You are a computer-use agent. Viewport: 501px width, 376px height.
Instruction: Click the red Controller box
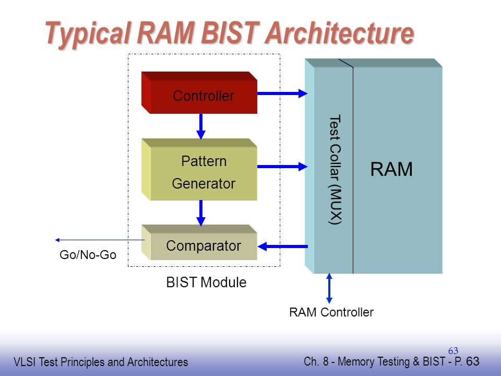[x=199, y=93]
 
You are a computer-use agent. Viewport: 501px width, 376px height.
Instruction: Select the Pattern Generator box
[x=199, y=169]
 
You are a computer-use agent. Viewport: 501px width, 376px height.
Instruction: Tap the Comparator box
[x=199, y=242]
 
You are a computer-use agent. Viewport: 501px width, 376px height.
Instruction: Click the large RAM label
[x=391, y=169]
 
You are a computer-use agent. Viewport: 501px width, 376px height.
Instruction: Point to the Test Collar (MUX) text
[x=335, y=169]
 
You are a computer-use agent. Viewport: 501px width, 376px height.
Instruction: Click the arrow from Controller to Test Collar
[x=282, y=93]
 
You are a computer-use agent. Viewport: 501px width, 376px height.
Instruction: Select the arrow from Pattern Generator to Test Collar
[x=282, y=166]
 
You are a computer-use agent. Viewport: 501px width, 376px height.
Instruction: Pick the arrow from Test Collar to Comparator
[x=283, y=246]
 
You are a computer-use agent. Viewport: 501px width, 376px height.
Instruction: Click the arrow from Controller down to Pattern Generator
[x=200, y=126]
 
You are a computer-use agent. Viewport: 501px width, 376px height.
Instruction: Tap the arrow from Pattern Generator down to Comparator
[x=200, y=213]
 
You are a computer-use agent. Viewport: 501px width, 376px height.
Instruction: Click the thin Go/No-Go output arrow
[x=100, y=240]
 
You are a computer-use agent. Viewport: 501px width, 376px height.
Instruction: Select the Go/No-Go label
[x=88, y=255]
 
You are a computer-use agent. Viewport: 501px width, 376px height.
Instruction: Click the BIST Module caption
[x=207, y=283]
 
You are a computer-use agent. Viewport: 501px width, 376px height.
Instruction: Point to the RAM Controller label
[x=331, y=312]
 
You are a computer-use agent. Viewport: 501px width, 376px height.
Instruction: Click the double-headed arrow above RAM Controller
[x=329, y=288]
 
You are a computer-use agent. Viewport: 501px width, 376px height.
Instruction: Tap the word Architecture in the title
[x=340, y=32]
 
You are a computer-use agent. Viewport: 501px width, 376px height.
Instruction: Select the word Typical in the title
[x=88, y=34]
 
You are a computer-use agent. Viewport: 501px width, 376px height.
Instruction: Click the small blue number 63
[x=453, y=351]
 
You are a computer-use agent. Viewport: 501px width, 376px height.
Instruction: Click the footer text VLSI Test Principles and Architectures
[x=101, y=362]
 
